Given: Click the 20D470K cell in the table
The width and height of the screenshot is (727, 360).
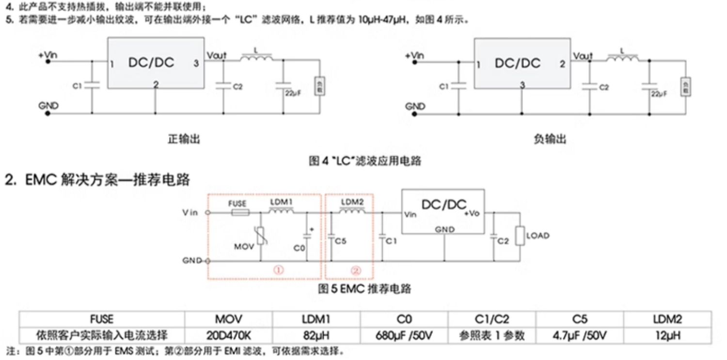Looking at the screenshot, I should (x=228, y=335).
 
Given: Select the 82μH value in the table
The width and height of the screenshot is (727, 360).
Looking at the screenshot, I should (x=316, y=335).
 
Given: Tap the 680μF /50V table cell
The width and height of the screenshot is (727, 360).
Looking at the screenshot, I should (x=404, y=335).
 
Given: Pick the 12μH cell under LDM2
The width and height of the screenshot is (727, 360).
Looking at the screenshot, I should (x=667, y=335).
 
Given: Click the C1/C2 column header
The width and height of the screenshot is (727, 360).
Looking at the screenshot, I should (x=492, y=319).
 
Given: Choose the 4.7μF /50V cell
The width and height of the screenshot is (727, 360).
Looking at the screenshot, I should (x=580, y=335).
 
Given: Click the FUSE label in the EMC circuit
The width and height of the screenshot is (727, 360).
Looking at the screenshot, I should (x=237, y=203).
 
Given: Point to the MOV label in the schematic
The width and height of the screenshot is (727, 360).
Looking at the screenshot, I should (x=244, y=246).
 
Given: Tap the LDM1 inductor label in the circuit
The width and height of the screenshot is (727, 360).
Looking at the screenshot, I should (x=281, y=201).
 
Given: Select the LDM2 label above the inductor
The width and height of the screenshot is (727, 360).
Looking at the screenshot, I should (x=352, y=201).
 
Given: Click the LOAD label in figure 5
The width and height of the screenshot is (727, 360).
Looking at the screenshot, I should (x=537, y=236).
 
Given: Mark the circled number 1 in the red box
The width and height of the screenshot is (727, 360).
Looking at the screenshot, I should (x=279, y=271).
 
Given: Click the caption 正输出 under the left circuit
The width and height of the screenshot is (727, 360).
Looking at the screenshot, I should (x=184, y=139).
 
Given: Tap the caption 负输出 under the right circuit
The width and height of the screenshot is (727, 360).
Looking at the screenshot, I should (x=549, y=139).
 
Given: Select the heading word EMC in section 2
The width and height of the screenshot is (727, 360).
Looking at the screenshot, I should (x=41, y=180).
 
